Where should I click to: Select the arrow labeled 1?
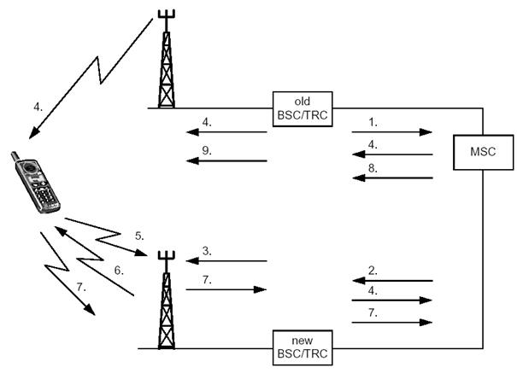pos(391,132)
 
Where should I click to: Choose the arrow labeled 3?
pos(226,261)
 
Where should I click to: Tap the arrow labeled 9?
pos(226,160)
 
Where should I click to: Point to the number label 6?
pos(119,270)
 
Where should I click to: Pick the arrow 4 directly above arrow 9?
pos(226,132)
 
